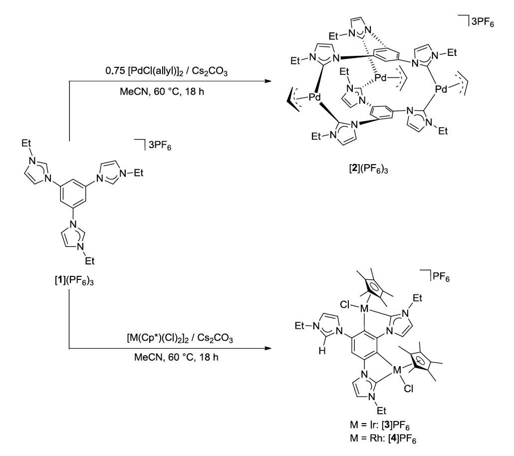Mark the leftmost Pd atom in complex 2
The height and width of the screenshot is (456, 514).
pyautogui.click(x=314, y=97)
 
